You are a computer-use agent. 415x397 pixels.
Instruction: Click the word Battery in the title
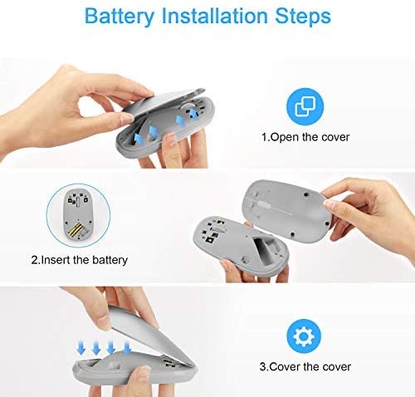click(120, 17)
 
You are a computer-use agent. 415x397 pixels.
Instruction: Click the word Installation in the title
click(215, 15)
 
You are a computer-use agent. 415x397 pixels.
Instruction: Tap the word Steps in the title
click(303, 17)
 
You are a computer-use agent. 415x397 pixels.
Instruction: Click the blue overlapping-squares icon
click(305, 106)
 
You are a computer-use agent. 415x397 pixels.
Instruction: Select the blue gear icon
click(304, 336)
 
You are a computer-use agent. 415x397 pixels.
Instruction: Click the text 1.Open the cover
click(305, 137)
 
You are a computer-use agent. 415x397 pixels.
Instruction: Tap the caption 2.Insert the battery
click(80, 260)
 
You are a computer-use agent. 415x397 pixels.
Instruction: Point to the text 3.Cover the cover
click(305, 367)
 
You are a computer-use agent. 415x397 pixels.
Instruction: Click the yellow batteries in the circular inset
click(76, 230)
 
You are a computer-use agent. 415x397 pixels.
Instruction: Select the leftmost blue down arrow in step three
click(81, 348)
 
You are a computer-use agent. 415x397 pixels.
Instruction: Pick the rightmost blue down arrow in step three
click(127, 348)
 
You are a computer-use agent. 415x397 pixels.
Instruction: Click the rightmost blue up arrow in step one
click(193, 114)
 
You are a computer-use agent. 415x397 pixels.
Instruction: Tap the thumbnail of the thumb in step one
click(127, 118)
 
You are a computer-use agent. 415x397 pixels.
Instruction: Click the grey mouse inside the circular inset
click(78, 214)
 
